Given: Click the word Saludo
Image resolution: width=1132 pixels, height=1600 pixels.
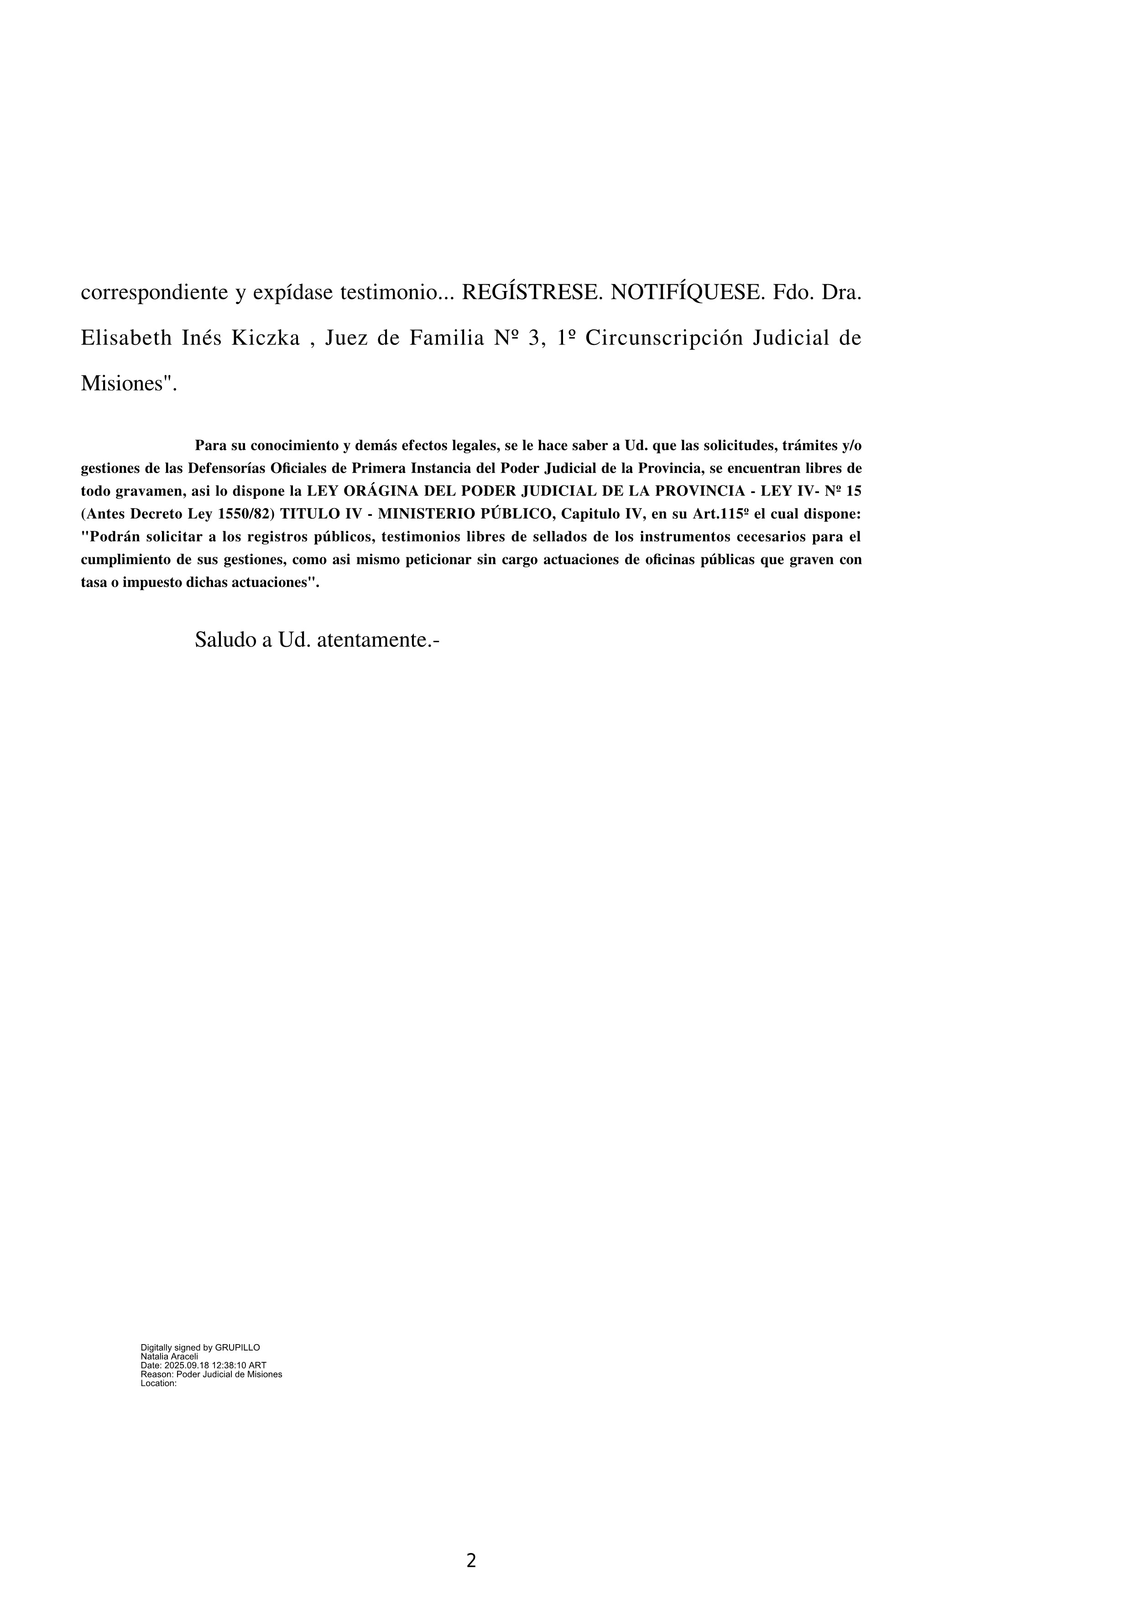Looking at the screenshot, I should click(225, 640).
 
